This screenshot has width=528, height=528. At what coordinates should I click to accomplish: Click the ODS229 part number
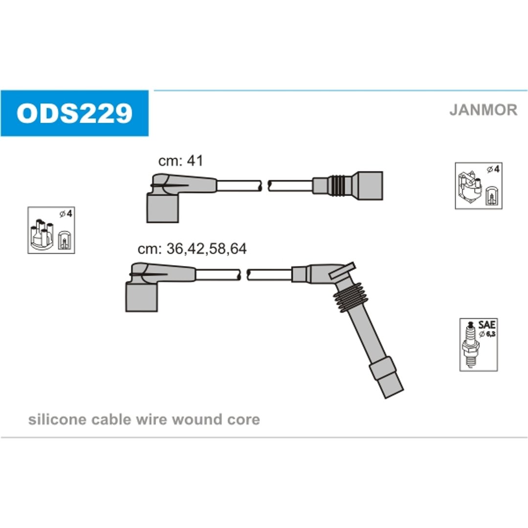(74, 113)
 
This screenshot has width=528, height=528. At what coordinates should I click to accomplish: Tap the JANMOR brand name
(483, 110)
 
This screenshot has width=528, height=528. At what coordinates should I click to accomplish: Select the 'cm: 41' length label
(181, 161)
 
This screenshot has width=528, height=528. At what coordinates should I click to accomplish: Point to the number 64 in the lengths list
(238, 248)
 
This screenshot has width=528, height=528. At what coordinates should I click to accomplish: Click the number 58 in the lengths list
(217, 248)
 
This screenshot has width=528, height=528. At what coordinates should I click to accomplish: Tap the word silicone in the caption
(58, 419)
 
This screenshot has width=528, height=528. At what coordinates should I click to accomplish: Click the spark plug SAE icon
(479, 345)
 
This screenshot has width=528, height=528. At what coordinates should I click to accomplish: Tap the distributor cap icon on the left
(51, 230)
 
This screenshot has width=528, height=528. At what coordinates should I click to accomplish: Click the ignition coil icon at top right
(479, 186)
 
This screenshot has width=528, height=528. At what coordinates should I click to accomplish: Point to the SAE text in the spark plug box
(487, 325)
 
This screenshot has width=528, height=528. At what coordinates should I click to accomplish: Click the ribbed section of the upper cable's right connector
(339, 186)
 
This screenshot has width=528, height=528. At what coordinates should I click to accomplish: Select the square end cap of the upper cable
(370, 186)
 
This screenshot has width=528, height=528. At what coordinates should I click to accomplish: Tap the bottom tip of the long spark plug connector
(394, 395)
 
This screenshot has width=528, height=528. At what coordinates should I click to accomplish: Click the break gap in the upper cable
(264, 186)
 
